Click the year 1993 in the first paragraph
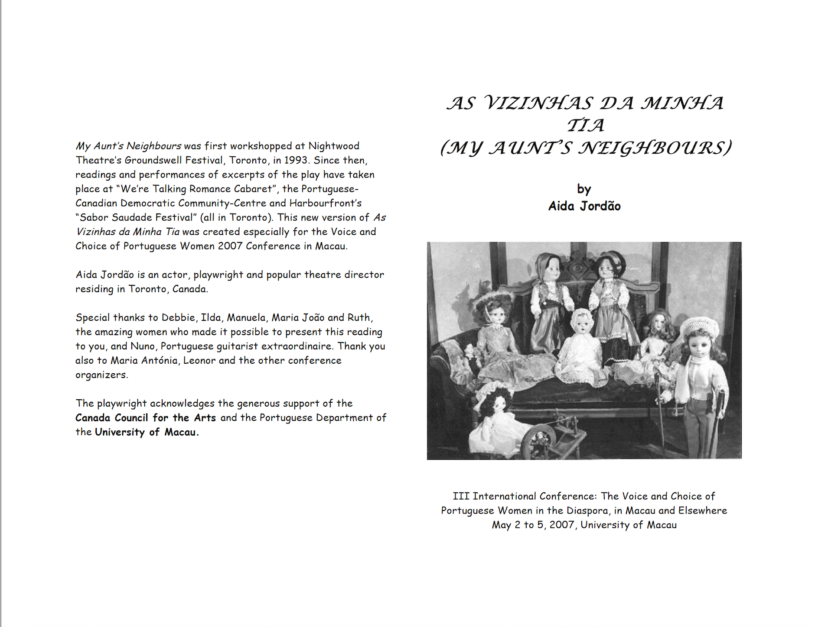[296, 160]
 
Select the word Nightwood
[334, 146]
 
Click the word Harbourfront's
[326, 203]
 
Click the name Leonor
[199, 360]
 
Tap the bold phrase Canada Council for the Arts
[146, 418]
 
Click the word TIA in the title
[585, 126]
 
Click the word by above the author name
[584, 189]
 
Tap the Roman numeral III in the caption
[461, 496]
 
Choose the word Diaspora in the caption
[587, 511]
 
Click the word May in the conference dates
[501, 525]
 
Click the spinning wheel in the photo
[538, 437]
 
